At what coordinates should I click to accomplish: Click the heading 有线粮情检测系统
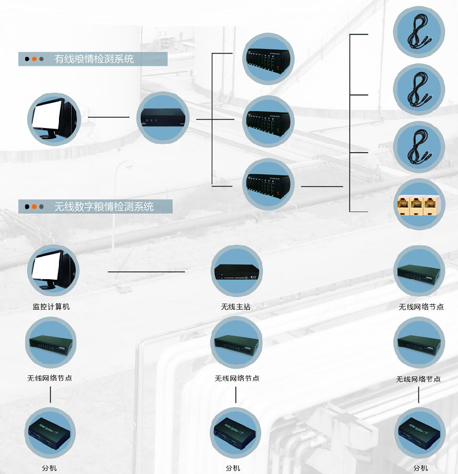tap(94, 59)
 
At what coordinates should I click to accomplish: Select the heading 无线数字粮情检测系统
tap(104, 206)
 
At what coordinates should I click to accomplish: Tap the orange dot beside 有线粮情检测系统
tap(34, 59)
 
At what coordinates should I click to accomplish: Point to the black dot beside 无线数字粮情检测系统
tap(26, 206)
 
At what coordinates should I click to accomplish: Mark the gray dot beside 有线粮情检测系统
tap(41, 59)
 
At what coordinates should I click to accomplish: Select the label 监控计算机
tap(51, 307)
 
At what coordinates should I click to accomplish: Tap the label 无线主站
tap(236, 307)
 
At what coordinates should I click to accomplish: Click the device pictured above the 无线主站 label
tap(236, 272)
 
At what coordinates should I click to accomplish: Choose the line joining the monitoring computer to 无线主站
tap(146, 272)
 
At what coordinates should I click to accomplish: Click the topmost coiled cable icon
tap(419, 31)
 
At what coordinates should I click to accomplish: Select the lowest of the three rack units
tap(268, 184)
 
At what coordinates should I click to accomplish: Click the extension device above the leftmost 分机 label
tap(50, 432)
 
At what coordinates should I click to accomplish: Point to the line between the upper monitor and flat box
tap(108, 117)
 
